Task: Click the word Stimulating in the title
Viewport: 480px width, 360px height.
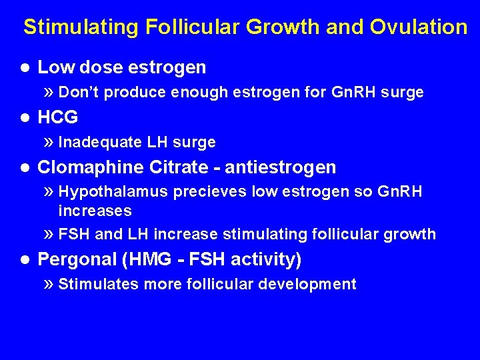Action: click(x=81, y=27)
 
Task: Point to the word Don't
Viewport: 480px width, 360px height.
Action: click(x=79, y=93)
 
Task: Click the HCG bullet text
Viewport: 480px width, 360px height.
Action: click(x=58, y=118)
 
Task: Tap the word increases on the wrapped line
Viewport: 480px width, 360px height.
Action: click(x=95, y=211)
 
